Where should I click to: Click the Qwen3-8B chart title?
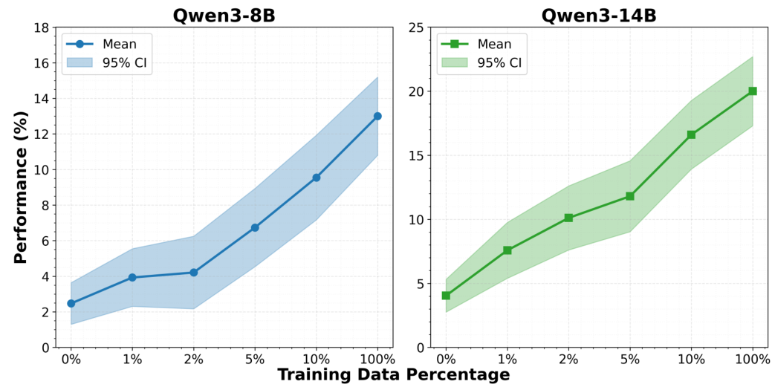[x=224, y=15]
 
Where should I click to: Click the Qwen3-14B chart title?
[x=599, y=15]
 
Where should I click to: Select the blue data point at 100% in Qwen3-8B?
[x=377, y=116]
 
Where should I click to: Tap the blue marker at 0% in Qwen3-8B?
[x=71, y=303]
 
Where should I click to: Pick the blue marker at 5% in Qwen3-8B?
[x=255, y=227]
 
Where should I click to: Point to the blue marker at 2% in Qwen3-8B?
[x=194, y=273]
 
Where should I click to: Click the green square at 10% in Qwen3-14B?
[x=691, y=134]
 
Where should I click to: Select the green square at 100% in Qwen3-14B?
[x=752, y=91]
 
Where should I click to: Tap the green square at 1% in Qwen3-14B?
[x=507, y=250]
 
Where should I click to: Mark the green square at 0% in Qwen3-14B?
[x=446, y=296]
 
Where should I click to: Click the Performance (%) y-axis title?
[x=21, y=187]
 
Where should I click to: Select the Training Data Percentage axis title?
[x=394, y=375]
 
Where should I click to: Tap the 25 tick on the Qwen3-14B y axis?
[x=416, y=28]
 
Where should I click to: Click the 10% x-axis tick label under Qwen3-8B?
[x=317, y=360]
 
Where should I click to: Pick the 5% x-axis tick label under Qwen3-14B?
[x=630, y=360]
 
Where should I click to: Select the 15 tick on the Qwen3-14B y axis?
[x=416, y=156]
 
